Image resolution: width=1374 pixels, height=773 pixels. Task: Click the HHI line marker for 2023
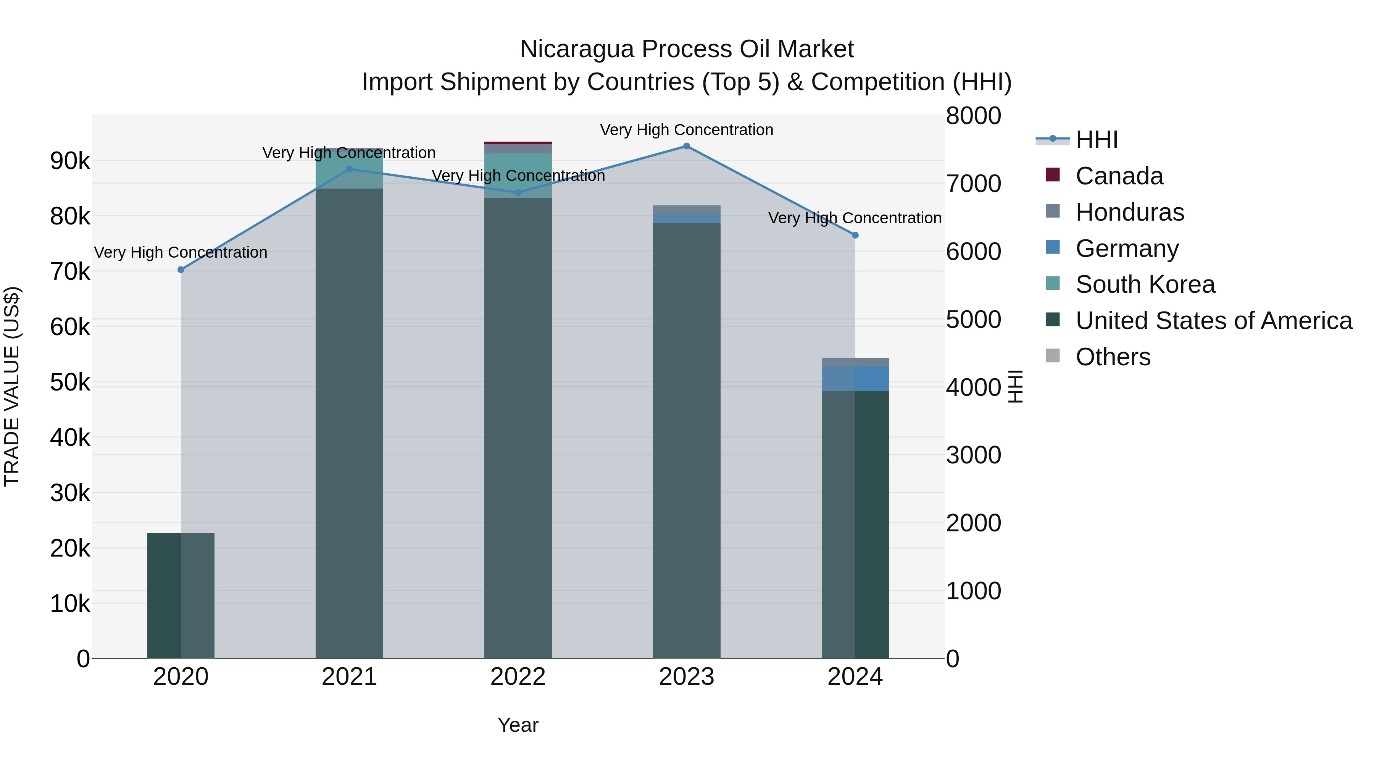687,146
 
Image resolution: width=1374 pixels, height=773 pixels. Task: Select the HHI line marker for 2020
181,270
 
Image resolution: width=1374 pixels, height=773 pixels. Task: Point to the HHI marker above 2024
855,235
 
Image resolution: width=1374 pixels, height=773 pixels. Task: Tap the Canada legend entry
1119,176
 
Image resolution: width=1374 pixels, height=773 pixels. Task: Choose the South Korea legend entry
1145,284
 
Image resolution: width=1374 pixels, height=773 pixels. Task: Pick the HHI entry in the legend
1096,140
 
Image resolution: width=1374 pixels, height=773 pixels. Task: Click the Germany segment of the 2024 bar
855,378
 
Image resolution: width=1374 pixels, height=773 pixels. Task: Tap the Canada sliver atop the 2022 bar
518,143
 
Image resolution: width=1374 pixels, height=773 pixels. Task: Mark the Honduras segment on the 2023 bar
687,210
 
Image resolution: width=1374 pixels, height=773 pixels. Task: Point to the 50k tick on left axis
70,382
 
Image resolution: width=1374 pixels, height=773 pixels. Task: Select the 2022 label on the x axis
518,677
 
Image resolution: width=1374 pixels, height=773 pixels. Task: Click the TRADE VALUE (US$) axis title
12,386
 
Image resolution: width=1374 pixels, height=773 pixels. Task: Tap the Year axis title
518,725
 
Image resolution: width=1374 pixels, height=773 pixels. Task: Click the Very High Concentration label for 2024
855,218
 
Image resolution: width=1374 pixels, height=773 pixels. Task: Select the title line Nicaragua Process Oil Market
687,49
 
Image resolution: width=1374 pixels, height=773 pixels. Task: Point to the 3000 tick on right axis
973,455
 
